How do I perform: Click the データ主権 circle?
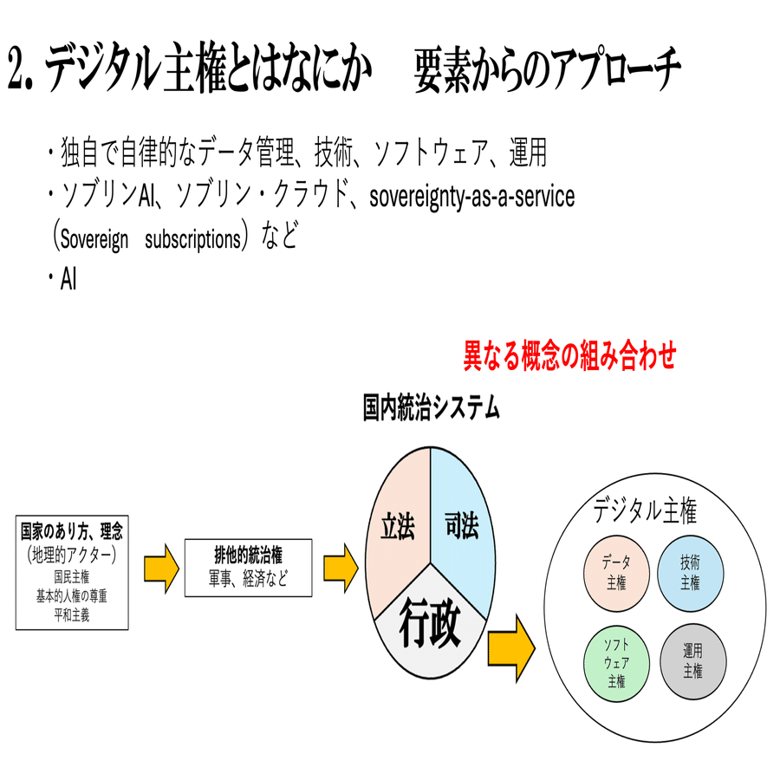pyautogui.click(x=616, y=571)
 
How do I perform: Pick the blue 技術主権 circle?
pyautogui.click(x=691, y=571)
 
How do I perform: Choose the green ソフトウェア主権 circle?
pyautogui.click(x=616, y=661)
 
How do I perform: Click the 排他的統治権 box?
pyautogui.click(x=249, y=567)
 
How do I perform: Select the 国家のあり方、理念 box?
pyautogui.click(x=72, y=571)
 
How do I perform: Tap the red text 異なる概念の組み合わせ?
pyautogui.click(x=569, y=356)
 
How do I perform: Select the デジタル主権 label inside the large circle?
pyautogui.click(x=645, y=512)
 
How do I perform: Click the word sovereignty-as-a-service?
pyautogui.click(x=471, y=197)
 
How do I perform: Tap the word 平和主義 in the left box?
pyautogui.click(x=72, y=616)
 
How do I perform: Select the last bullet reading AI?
pyautogui.click(x=68, y=279)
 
